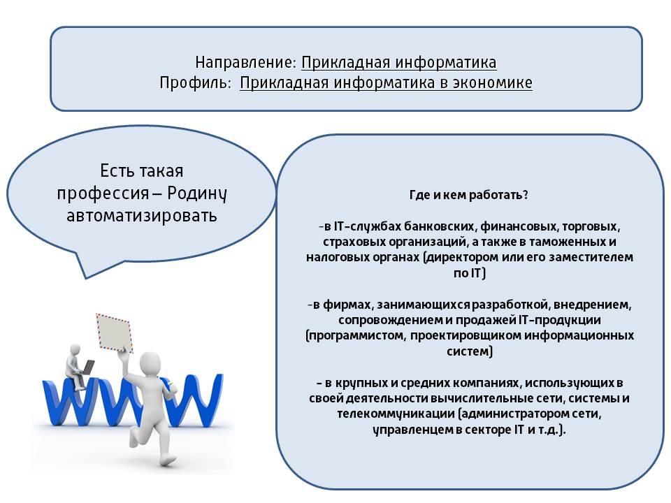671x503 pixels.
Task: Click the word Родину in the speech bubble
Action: (x=196, y=194)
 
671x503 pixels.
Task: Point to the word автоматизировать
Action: (x=142, y=215)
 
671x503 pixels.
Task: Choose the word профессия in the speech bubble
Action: (x=103, y=194)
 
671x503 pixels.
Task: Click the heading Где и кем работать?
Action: (x=468, y=195)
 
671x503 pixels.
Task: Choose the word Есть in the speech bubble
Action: (x=115, y=171)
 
